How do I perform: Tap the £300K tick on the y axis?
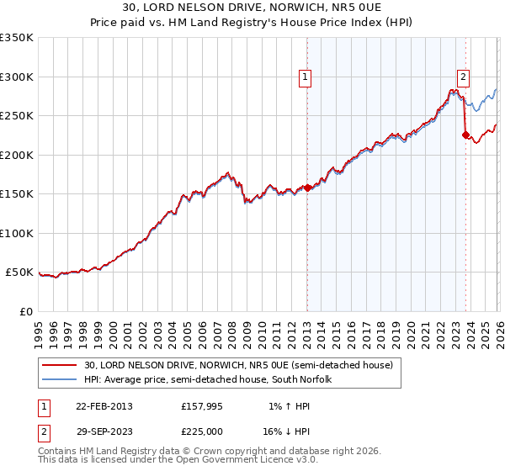coord(17,77)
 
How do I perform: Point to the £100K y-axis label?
coord(17,233)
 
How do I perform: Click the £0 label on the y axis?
coord(25,311)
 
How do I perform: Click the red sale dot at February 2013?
coord(307,188)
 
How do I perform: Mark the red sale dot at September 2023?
coord(465,135)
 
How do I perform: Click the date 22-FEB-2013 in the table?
coord(104,406)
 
